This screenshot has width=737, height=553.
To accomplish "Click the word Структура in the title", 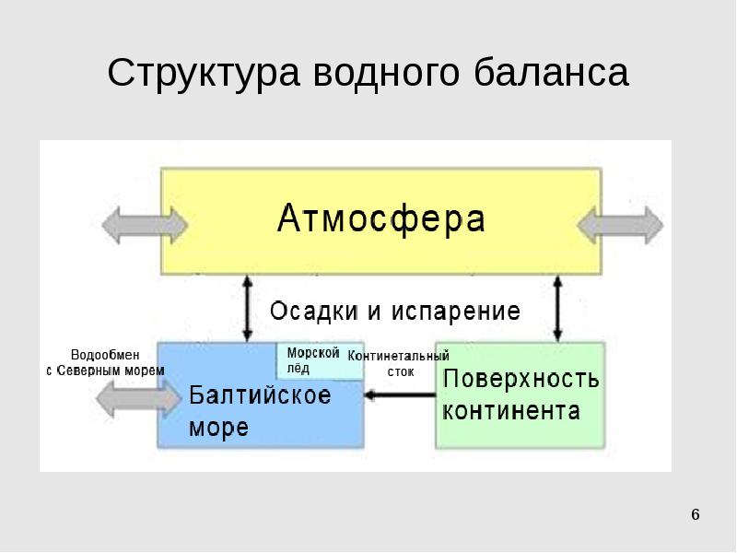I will coord(203,74).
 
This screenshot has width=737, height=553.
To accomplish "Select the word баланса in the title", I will coord(553,74).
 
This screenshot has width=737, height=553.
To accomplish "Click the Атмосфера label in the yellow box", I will coord(381,220).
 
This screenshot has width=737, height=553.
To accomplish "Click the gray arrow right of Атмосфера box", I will coord(626,224).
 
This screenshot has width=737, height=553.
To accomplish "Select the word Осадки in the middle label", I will coord(313,312).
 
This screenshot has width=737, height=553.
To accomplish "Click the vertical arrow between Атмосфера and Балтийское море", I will coord(247,308).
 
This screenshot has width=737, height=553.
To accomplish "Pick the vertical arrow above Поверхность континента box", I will coord(556,308).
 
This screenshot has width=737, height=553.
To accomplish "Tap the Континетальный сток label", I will coord(399,363).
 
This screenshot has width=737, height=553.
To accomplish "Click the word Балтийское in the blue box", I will coord(260,396).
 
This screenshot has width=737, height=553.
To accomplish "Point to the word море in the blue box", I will coord(219,428).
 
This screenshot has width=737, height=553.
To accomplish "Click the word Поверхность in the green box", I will coord(521,379).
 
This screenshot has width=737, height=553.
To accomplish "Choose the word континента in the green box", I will coord(511,410).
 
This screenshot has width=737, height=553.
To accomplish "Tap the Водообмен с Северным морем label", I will coord(105,362).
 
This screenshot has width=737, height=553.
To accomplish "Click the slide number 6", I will coord(696,513).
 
